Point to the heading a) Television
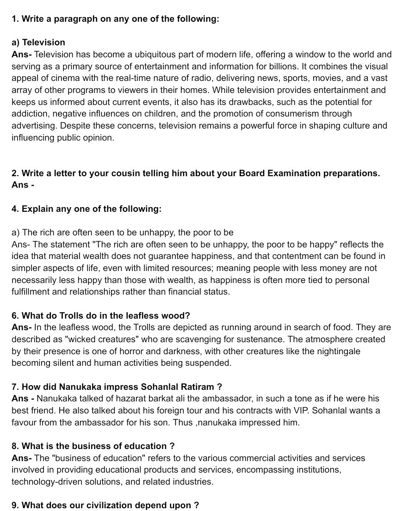click(x=38, y=43)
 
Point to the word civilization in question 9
click(x=103, y=505)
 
